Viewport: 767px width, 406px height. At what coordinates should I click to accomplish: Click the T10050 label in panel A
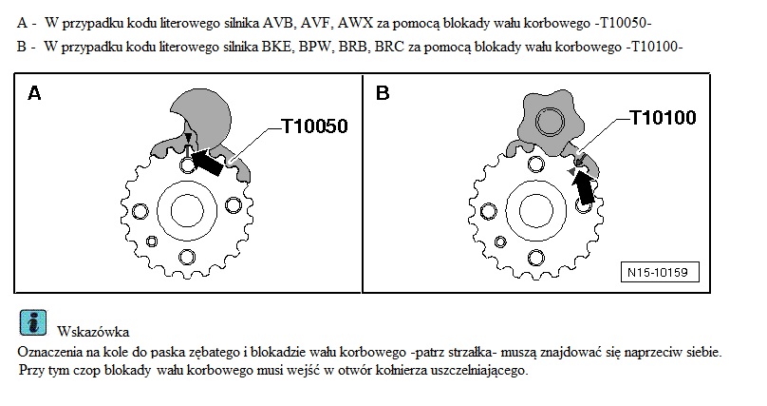click(x=314, y=126)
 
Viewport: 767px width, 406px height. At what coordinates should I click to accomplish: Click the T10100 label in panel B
click(x=663, y=118)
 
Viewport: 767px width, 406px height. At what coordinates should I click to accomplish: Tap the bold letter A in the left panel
click(x=34, y=93)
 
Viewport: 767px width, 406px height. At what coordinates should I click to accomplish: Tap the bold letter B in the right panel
click(x=383, y=93)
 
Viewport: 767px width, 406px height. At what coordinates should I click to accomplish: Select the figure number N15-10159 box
click(x=660, y=272)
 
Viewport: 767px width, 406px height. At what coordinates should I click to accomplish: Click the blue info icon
click(x=33, y=322)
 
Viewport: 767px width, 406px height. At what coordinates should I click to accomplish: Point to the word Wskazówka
click(x=93, y=332)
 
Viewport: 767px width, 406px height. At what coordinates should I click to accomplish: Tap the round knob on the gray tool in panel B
click(x=552, y=121)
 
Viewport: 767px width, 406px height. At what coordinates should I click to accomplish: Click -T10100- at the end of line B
click(x=653, y=47)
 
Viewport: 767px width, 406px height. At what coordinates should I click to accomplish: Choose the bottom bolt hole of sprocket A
click(x=186, y=256)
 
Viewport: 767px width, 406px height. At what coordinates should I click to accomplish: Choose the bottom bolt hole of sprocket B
click(x=536, y=257)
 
